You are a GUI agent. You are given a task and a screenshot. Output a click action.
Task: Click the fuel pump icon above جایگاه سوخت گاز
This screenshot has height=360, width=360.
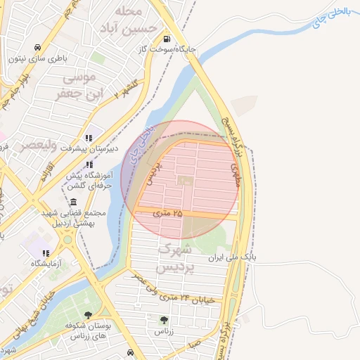point(167,39)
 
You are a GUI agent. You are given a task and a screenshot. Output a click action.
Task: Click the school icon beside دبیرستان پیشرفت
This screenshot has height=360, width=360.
point(89,138)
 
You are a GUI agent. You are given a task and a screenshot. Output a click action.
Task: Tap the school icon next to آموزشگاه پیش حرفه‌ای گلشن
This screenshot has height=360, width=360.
point(89,165)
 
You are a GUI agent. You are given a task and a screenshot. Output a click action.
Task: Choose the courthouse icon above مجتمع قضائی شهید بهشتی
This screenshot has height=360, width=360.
point(74,202)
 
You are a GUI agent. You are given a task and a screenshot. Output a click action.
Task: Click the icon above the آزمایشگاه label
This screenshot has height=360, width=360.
point(46,253)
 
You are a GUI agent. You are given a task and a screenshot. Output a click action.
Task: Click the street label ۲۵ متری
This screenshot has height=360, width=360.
point(167,212)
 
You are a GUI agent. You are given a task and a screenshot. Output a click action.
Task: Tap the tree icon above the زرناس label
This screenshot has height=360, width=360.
point(164,320)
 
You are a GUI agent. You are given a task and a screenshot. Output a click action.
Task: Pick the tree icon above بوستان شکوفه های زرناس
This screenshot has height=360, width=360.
point(88,315)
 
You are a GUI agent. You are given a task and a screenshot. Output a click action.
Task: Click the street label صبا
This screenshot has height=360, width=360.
point(195,345)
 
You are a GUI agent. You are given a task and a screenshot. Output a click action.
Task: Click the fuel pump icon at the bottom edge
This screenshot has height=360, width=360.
point(131,352)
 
